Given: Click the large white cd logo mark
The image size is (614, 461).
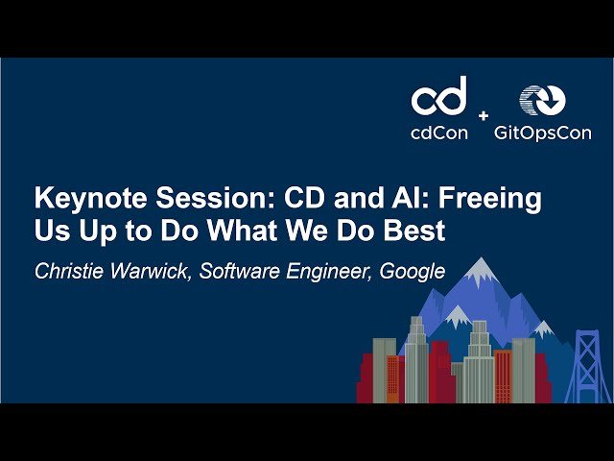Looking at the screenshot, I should [439, 96].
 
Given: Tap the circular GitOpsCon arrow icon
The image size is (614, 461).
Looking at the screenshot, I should [542, 100].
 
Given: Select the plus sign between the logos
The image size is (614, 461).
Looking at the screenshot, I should [483, 115].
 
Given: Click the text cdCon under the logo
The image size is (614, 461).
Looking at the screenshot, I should [439, 133].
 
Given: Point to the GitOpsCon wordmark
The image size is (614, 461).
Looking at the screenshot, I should [542, 133].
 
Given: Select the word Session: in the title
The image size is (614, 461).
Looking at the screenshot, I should [203, 200].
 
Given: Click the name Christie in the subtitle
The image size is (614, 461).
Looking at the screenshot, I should [69, 271].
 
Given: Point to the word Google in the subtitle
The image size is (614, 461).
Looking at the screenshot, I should [413, 271].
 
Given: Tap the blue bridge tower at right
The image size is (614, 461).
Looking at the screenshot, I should [586, 365].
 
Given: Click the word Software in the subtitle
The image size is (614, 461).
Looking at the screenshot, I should [239, 271].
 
